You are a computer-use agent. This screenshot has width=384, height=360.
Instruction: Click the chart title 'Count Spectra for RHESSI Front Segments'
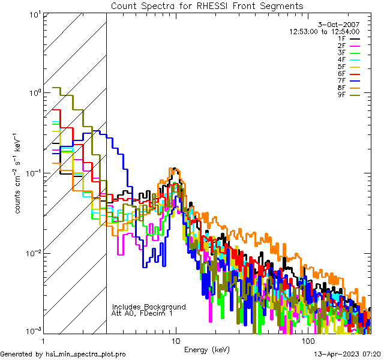click(x=207, y=6)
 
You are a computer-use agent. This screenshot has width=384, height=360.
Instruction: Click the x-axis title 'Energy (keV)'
click(x=207, y=349)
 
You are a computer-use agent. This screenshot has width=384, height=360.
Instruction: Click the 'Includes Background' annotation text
click(x=149, y=307)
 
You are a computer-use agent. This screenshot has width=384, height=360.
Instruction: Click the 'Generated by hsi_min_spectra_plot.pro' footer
click(x=63, y=355)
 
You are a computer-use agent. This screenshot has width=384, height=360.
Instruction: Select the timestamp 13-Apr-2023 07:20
click(x=344, y=355)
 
